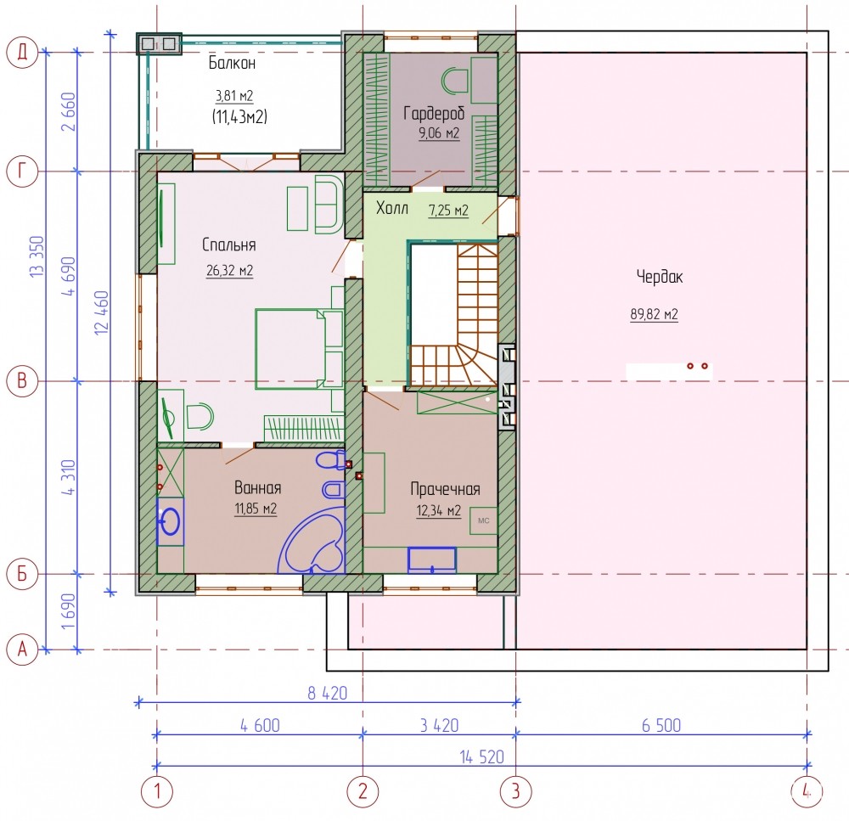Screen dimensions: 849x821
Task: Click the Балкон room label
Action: tap(232, 64)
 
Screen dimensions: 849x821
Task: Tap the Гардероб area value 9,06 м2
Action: tap(439, 132)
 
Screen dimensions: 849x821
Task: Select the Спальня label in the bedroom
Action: tap(228, 245)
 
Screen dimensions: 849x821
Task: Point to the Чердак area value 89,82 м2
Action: tap(654, 314)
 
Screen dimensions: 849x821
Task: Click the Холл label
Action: tap(392, 208)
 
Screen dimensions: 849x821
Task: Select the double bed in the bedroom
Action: tap(299, 349)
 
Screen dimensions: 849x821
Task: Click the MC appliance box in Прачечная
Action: tap(484, 520)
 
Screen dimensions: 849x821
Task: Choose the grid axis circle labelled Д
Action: tap(22, 53)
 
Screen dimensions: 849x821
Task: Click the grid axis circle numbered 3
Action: tap(515, 791)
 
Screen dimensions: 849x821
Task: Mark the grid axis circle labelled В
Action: tap(22, 380)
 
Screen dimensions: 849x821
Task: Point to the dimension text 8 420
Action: tap(327, 694)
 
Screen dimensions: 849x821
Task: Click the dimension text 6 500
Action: tap(661, 726)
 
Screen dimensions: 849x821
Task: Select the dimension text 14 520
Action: tap(482, 757)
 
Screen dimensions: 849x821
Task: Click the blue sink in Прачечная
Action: tap(432, 560)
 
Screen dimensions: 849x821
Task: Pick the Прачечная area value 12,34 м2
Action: tap(439, 511)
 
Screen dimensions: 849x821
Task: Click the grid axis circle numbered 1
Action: tap(157, 791)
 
